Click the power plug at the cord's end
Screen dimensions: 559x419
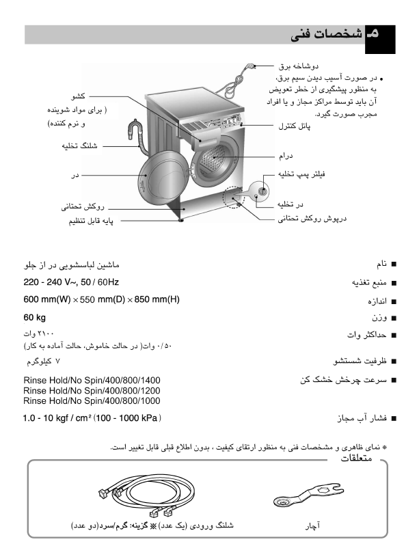[249, 67]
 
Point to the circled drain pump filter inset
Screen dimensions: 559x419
[259, 191]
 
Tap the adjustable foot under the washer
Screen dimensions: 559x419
[181, 219]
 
